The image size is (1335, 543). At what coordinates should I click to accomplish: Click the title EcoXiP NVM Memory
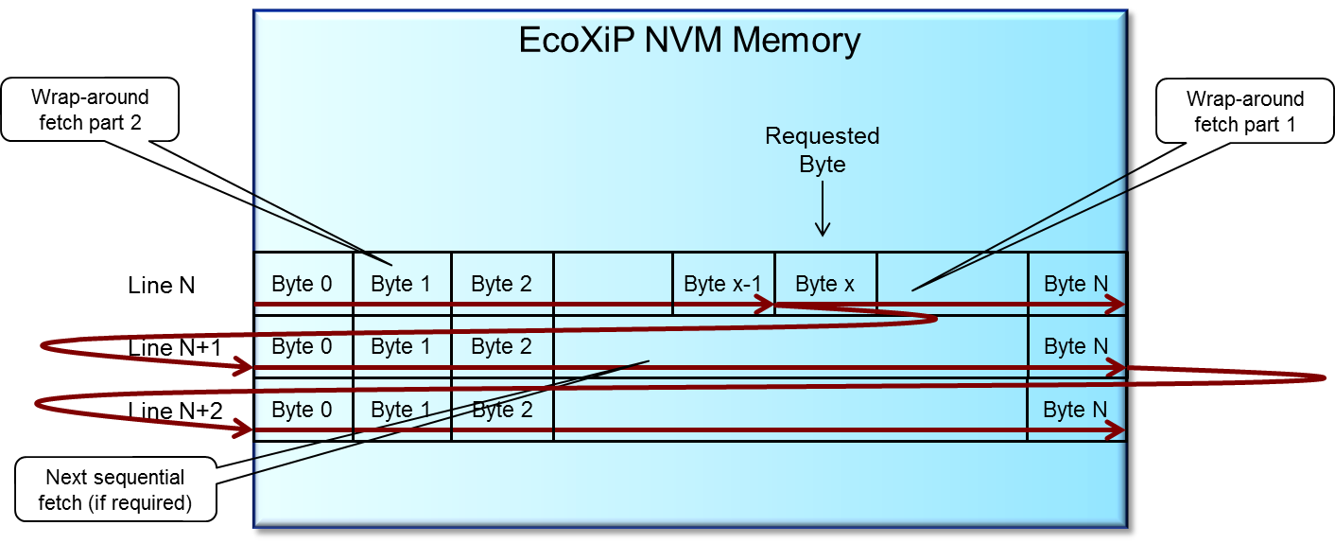coord(689,41)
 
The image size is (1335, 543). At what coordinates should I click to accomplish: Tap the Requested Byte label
coord(822,149)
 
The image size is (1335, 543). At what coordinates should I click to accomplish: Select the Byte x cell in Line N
coord(825,284)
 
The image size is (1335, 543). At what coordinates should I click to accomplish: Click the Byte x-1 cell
coord(723,284)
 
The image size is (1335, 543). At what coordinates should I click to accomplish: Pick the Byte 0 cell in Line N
coord(302,284)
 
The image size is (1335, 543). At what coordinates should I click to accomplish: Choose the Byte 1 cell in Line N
coord(401,284)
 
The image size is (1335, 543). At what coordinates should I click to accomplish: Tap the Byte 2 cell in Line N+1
coord(501,347)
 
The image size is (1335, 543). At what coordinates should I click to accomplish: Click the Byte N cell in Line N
coord(1076,284)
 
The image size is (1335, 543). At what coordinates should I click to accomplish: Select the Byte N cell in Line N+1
coord(1076,347)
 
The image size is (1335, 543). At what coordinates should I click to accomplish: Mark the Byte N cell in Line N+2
coord(1076,411)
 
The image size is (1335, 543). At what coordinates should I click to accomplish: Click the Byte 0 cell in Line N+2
coord(302,411)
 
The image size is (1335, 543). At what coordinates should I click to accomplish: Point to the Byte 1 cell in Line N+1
coord(401,347)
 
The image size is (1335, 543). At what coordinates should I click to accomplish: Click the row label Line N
coord(162,285)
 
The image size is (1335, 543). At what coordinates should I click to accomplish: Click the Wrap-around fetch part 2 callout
coord(90,111)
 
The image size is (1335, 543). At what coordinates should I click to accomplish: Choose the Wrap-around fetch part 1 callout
coord(1244,112)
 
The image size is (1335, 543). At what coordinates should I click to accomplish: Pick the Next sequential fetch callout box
coord(114,490)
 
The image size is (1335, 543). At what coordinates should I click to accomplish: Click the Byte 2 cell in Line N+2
coord(501,411)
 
